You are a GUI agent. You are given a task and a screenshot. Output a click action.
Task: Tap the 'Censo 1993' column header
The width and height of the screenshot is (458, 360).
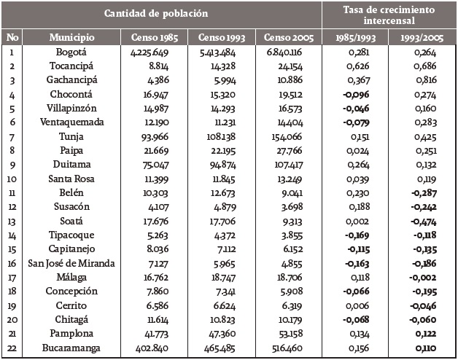(215, 36)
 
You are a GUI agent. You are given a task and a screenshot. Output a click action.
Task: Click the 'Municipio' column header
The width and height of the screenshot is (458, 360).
(71, 36)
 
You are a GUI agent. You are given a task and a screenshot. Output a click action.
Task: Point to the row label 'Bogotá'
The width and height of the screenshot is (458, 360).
(71, 52)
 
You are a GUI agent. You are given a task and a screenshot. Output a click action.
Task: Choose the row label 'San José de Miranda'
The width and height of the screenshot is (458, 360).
(71, 262)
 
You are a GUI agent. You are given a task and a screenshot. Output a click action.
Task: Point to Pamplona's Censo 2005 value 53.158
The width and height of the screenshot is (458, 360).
(283, 334)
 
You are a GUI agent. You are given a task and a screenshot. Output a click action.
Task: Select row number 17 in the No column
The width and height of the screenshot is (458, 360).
(12, 277)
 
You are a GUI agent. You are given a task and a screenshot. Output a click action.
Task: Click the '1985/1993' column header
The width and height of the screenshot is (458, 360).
(355, 36)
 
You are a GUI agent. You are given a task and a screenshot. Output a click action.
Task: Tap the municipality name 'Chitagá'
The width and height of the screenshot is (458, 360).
(71, 319)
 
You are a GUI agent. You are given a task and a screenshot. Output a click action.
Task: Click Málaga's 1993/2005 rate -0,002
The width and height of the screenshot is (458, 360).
(421, 277)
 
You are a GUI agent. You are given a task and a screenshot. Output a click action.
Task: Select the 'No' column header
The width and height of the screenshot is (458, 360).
(12, 36)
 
